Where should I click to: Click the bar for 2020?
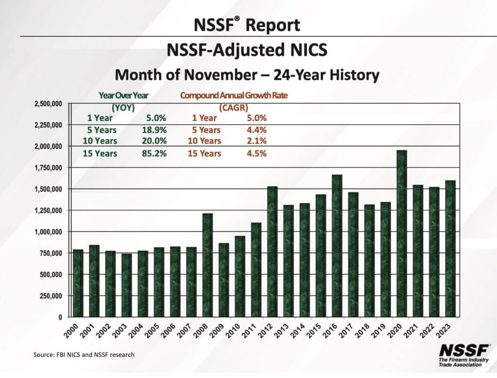[401, 233]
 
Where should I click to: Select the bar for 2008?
[207, 265]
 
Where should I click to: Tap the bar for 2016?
[337, 246]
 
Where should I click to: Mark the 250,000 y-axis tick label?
[52, 296]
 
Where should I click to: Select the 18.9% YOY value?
[156, 130]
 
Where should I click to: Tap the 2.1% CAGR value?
[256, 141]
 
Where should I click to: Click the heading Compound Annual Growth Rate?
[233, 96]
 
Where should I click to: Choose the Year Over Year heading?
[123, 96]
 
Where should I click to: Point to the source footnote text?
[83, 355]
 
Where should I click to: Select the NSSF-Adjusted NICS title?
[248, 50]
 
